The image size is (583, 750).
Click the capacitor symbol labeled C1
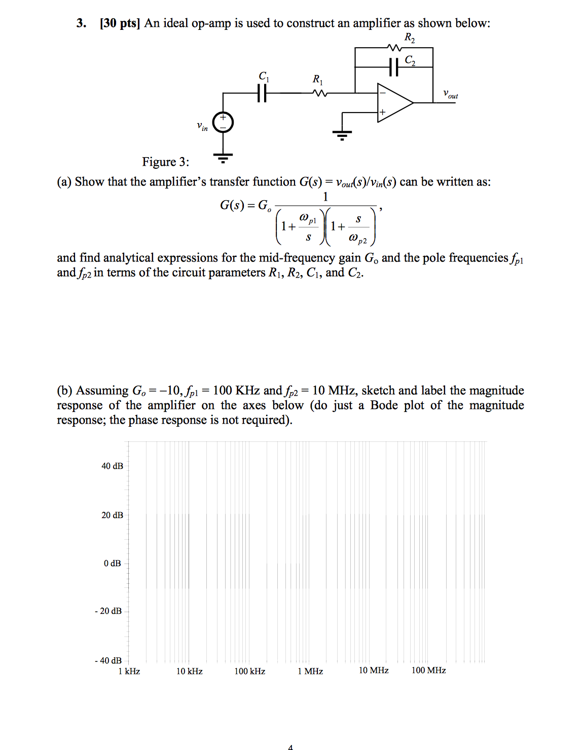click(x=262, y=93)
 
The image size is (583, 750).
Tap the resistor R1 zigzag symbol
click(x=320, y=93)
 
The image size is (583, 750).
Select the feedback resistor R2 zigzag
click(x=394, y=48)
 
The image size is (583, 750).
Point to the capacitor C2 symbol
click(x=394, y=67)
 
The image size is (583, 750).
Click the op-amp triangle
click(x=394, y=103)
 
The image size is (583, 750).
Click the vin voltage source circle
click(x=223, y=123)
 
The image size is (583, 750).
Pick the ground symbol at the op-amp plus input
click(x=342, y=134)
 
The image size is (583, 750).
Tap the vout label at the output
click(x=450, y=94)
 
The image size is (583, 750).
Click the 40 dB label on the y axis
click(x=112, y=466)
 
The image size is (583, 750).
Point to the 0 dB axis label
click(x=113, y=564)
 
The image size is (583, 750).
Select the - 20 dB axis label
click(x=108, y=611)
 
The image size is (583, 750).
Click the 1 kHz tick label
click(x=129, y=671)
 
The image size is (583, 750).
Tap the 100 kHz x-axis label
click(x=250, y=671)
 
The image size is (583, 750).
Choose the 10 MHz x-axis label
click(x=374, y=670)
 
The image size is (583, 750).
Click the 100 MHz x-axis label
click(x=429, y=670)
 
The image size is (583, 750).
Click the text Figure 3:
click(x=165, y=162)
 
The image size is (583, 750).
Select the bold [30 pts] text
click(x=120, y=23)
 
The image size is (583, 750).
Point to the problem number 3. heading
click(x=81, y=23)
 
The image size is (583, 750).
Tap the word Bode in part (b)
click(x=384, y=405)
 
